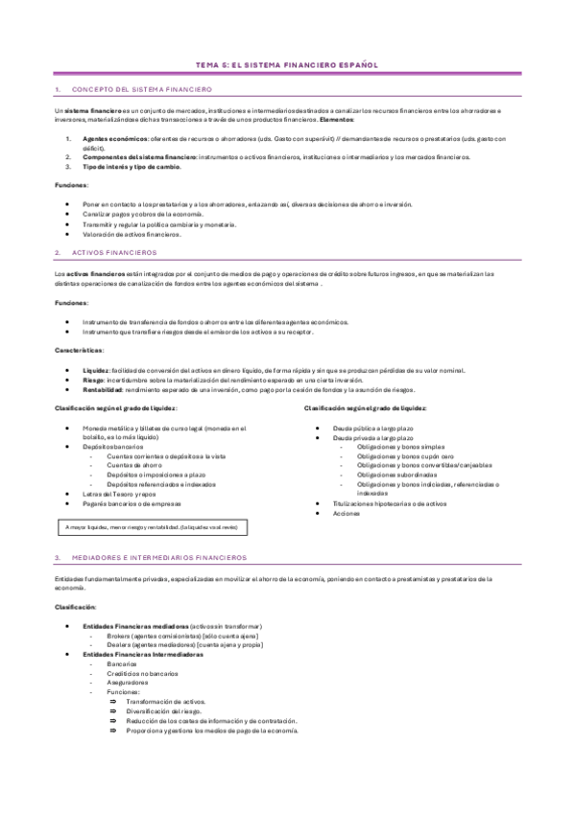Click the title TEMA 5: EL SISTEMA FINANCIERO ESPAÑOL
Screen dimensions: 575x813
(x=287, y=65)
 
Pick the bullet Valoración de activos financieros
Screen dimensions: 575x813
(x=132, y=233)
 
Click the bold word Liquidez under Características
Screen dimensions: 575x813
(x=96, y=370)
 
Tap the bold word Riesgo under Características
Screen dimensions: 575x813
(x=94, y=380)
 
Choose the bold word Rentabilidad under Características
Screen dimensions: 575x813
(x=103, y=389)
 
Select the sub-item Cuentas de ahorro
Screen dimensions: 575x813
(x=133, y=465)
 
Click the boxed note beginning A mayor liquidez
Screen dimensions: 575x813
(x=153, y=526)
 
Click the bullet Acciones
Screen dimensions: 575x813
(x=347, y=512)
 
